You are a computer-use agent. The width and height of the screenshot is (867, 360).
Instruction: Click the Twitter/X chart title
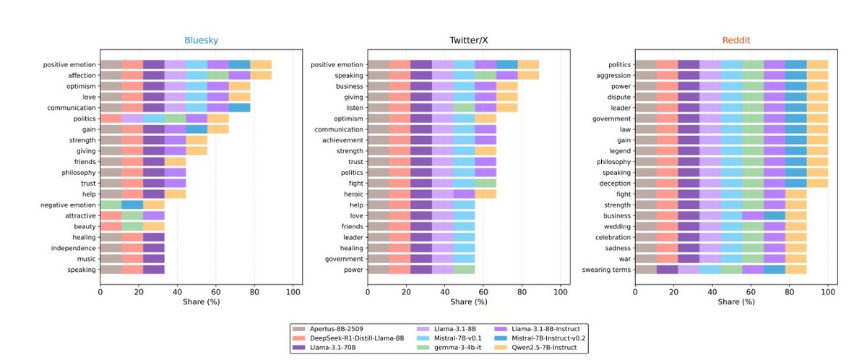[468, 42]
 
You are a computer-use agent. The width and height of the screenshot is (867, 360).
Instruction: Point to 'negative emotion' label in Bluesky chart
[69, 205]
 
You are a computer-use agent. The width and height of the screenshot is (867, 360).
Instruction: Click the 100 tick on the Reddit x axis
[828, 291]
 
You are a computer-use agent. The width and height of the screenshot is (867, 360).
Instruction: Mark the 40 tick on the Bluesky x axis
[177, 291]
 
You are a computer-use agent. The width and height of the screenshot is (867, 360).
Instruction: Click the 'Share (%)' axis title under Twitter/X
[468, 302]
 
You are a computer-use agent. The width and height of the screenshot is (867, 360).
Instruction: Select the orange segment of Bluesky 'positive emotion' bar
[261, 64]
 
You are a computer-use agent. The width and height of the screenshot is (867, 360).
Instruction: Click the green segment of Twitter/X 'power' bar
[464, 270]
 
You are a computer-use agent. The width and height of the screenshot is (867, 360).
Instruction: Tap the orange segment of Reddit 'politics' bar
[817, 64]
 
